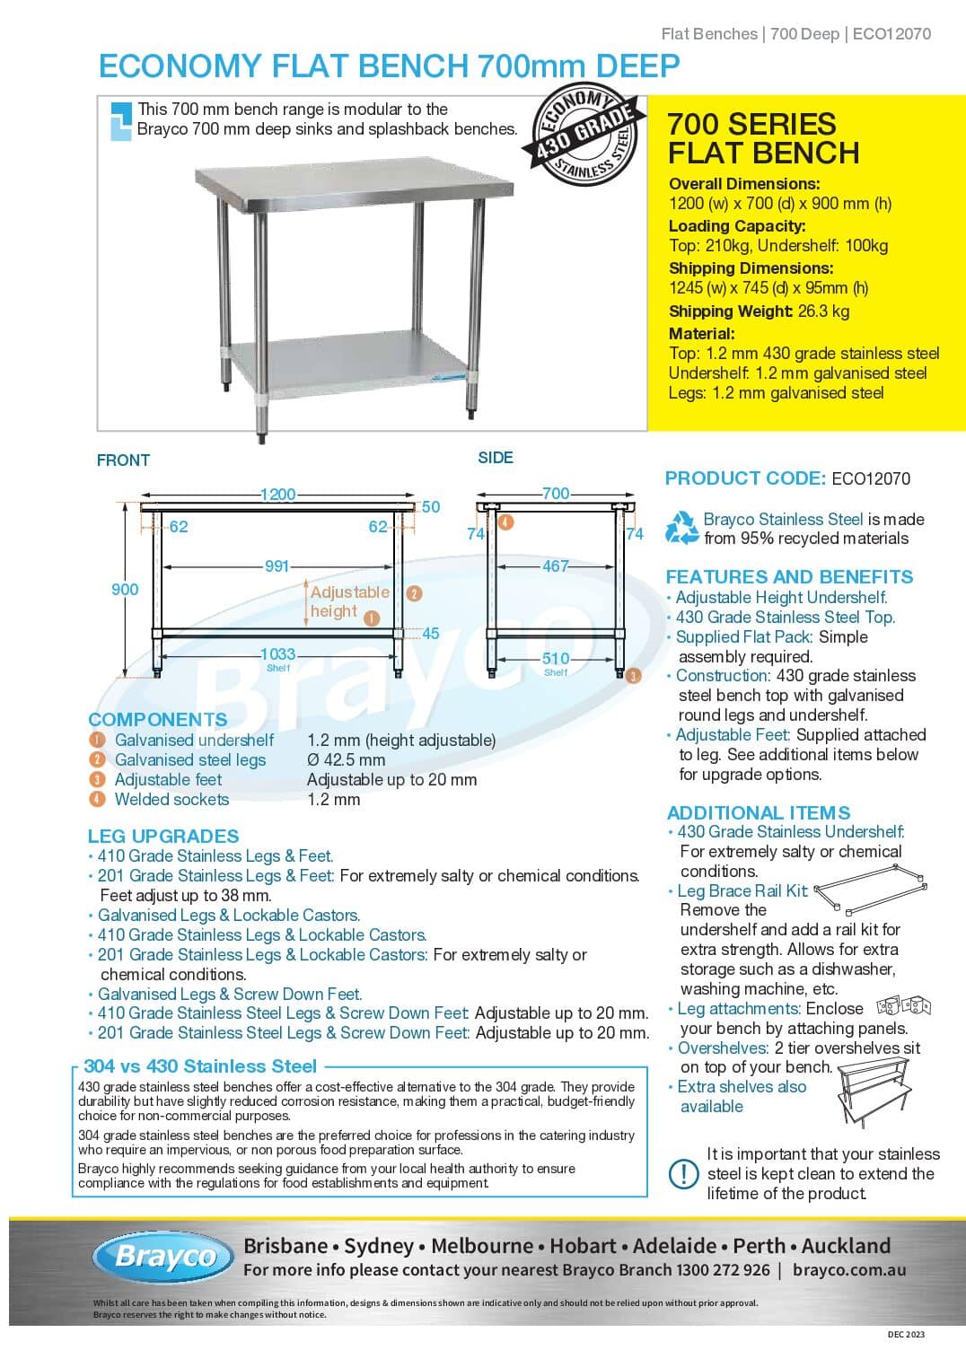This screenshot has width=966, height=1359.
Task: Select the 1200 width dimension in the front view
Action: point(277,495)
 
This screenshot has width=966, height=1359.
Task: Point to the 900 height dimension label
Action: point(125,590)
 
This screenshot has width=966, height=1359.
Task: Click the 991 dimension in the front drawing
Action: point(277,566)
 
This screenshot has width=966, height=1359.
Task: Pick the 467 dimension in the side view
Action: point(556,566)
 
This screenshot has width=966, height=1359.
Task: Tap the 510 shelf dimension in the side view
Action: point(556,659)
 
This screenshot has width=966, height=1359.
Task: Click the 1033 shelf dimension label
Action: point(277,655)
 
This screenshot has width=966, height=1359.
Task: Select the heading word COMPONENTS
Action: point(158,719)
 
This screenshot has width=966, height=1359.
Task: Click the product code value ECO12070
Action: point(871,478)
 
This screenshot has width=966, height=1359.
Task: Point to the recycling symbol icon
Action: point(681,528)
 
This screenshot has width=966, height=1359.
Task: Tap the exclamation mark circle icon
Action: point(684,1173)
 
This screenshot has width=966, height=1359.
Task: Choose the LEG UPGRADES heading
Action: point(163,836)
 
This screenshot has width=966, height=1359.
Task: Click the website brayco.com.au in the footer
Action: point(849,1270)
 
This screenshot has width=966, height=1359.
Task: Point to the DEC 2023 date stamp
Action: point(905,1334)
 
